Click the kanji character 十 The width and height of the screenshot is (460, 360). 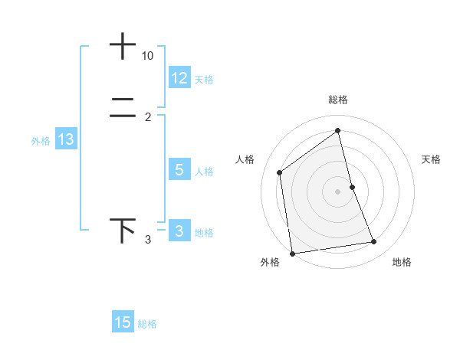[123, 47]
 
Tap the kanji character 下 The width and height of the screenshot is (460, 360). [123, 230]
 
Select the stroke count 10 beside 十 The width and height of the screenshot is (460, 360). [147, 57]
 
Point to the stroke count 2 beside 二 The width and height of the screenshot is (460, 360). [147, 117]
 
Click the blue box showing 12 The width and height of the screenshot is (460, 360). [179, 78]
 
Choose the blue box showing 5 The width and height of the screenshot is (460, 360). [179, 170]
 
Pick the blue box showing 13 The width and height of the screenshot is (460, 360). [66, 139]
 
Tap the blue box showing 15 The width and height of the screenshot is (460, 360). [123, 322]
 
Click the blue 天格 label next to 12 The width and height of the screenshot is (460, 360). [204, 80]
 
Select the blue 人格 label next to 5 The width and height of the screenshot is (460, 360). [204, 172]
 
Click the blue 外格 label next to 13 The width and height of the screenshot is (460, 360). [41, 141]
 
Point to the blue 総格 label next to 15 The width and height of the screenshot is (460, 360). [147, 324]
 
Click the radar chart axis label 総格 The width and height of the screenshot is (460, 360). [337, 100]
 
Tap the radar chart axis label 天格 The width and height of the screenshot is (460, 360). [432, 159]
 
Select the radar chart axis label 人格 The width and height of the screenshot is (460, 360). [245, 159]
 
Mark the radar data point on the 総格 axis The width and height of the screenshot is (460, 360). [337, 130]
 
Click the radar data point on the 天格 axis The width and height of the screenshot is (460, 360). [352, 187]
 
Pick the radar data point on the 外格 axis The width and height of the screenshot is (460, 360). [292, 253]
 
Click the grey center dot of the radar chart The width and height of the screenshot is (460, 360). [337, 191]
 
